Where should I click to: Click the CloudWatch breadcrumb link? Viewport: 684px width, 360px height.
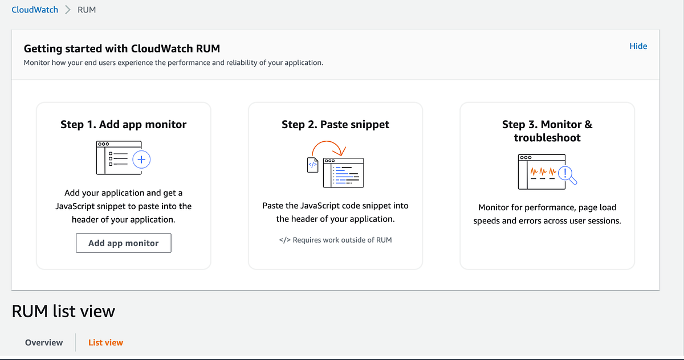[x=35, y=10]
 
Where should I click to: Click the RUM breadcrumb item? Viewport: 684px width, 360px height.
[x=87, y=10]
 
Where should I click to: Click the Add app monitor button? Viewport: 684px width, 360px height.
[x=124, y=243]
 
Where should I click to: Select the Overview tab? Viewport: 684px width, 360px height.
[x=44, y=342]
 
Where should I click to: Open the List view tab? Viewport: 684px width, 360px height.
[x=105, y=342]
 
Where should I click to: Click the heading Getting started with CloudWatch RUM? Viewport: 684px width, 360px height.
[x=122, y=48]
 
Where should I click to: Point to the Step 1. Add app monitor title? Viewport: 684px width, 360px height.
[x=124, y=124]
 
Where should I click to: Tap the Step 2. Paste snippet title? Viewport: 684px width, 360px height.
[x=335, y=124]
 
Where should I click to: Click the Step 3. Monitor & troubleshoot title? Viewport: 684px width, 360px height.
[x=547, y=130]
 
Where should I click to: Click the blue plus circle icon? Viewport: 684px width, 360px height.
[x=141, y=160]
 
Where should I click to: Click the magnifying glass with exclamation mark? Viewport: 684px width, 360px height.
[x=567, y=174]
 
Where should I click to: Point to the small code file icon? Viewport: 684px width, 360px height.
[x=312, y=165]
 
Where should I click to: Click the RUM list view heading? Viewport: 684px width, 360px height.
[x=63, y=311]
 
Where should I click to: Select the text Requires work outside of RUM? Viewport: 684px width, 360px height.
[x=341, y=240]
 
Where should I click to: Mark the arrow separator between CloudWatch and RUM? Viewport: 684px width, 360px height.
[x=68, y=10]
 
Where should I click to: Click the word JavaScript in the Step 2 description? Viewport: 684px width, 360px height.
[x=320, y=206]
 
